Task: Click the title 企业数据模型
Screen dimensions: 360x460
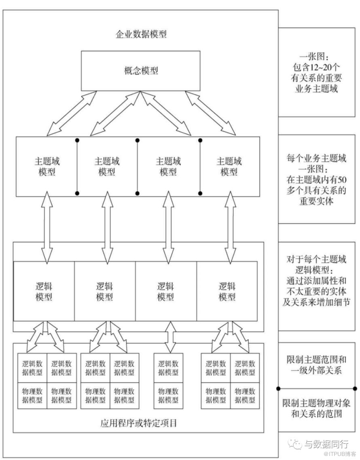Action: click(141, 34)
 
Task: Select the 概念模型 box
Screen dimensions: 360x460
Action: click(141, 71)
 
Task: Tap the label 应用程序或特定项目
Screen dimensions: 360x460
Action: click(139, 423)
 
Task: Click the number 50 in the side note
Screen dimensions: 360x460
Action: click(342, 179)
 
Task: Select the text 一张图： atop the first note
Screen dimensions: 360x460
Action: click(316, 57)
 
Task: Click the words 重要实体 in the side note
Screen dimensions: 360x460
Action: click(316, 201)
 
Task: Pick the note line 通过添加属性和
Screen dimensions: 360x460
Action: click(316, 281)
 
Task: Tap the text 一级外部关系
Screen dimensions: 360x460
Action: click(316, 370)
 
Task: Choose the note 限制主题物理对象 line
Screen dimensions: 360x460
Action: click(316, 403)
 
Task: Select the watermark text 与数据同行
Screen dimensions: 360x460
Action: click(326, 444)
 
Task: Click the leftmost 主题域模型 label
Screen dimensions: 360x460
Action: click(47, 167)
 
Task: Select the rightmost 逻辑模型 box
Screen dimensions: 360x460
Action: click(227, 291)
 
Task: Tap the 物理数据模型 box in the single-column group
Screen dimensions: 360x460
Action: click(168, 395)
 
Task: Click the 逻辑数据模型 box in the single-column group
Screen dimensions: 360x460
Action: click(168, 368)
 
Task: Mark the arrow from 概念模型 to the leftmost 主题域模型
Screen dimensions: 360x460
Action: click(72, 114)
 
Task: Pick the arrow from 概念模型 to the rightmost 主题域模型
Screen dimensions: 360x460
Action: click(210, 113)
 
